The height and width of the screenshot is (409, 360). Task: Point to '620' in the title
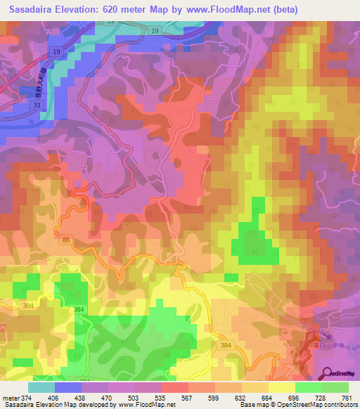(131, 10)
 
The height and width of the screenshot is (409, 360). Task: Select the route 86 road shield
(65, 240)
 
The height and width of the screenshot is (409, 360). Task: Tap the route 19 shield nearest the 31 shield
(55, 53)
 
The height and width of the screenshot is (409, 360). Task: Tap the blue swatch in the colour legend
(68, 387)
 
